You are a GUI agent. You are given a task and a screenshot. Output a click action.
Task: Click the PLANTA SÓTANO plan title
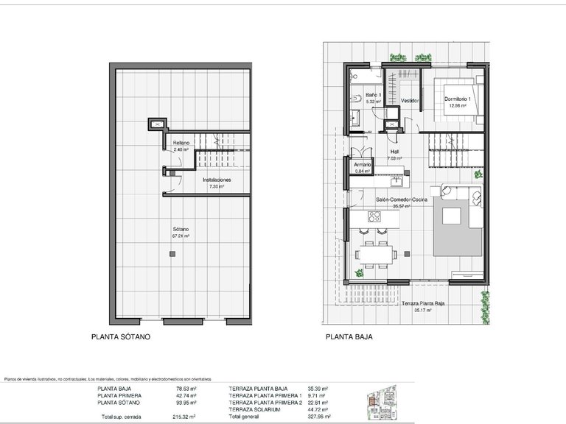[x=121, y=339]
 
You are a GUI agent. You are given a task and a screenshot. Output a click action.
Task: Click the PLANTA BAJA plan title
[x=349, y=339]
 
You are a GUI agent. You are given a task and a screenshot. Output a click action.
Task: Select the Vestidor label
[x=410, y=100]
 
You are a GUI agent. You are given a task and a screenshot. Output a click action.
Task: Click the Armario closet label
[x=362, y=164]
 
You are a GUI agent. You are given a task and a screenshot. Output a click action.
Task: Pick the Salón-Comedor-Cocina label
[x=401, y=200]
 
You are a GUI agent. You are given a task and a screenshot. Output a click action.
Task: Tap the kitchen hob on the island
[x=373, y=218]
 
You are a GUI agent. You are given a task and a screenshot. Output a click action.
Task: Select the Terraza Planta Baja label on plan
[x=427, y=303]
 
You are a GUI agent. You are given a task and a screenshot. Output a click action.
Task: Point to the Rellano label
[x=181, y=143]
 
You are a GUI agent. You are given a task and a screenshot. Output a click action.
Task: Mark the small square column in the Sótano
[x=172, y=254]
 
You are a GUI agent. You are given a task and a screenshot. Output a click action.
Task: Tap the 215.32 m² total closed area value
[x=184, y=416]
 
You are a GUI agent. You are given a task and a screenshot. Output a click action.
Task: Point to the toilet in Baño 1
[x=355, y=97]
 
